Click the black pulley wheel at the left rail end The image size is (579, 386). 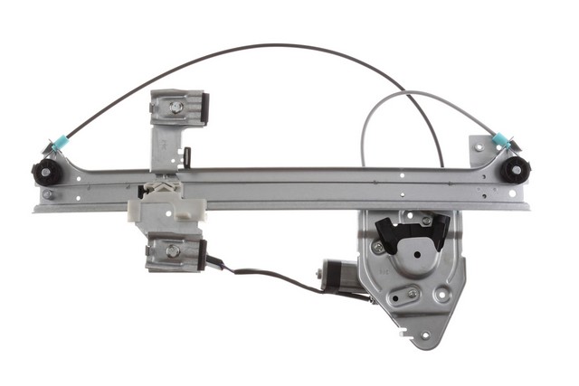click(x=44, y=172)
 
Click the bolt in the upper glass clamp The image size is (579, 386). click(x=176, y=107)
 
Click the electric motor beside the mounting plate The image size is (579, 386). click(x=337, y=275)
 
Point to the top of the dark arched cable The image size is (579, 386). click(x=262, y=44)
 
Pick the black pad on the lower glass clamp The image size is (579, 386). click(x=202, y=253)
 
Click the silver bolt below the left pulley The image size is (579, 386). click(x=48, y=193)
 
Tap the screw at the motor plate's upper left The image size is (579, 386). click(x=378, y=244)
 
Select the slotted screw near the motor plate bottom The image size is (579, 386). click(x=413, y=293)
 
